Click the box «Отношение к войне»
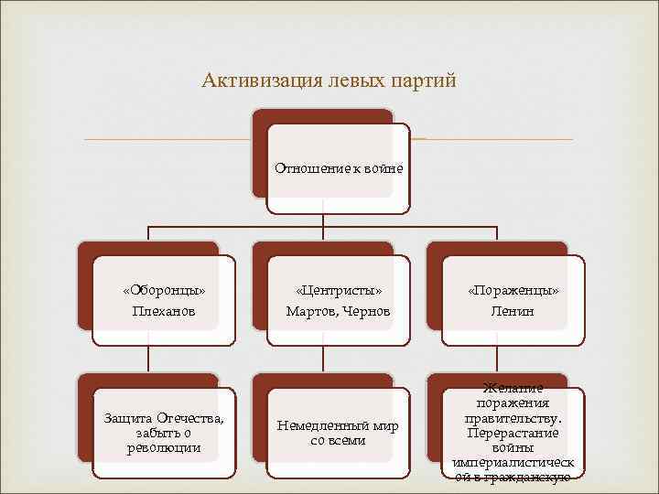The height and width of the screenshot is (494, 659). pos(339,169)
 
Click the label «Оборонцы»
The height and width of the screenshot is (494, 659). pos(164,291)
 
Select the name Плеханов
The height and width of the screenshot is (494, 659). pos(164,311)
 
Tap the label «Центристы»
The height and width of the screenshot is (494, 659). pos(339,291)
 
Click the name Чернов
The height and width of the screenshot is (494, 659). pos(368,312)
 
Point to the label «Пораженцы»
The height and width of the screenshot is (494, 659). pos(513,291)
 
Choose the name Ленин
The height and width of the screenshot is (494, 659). pos(513,311)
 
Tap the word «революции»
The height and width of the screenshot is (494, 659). pos(164,447)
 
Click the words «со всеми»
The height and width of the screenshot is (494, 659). pos(339,440)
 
